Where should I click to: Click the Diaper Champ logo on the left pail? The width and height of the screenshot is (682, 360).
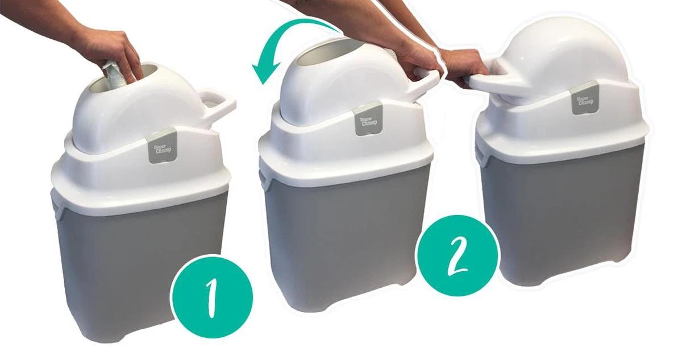pyautogui.click(x=161, y=149)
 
